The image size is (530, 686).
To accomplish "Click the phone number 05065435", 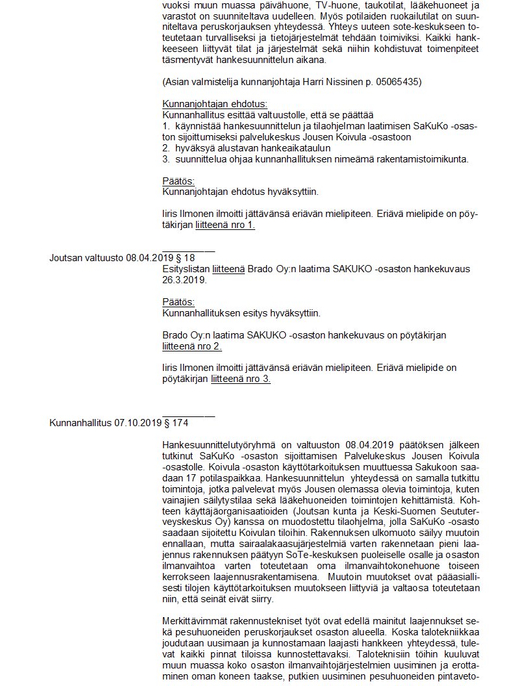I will tap(399, 82).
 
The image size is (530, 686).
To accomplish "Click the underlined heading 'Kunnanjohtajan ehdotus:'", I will tap(214, 104).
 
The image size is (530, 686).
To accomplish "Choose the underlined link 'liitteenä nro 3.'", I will tap(241, 379).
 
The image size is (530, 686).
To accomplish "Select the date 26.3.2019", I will tap(184, 280).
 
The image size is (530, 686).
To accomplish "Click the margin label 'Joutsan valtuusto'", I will tap(86, 258).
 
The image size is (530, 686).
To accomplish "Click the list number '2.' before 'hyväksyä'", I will tap(166, 148).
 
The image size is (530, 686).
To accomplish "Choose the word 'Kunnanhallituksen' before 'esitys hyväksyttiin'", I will tap(201, 313).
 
